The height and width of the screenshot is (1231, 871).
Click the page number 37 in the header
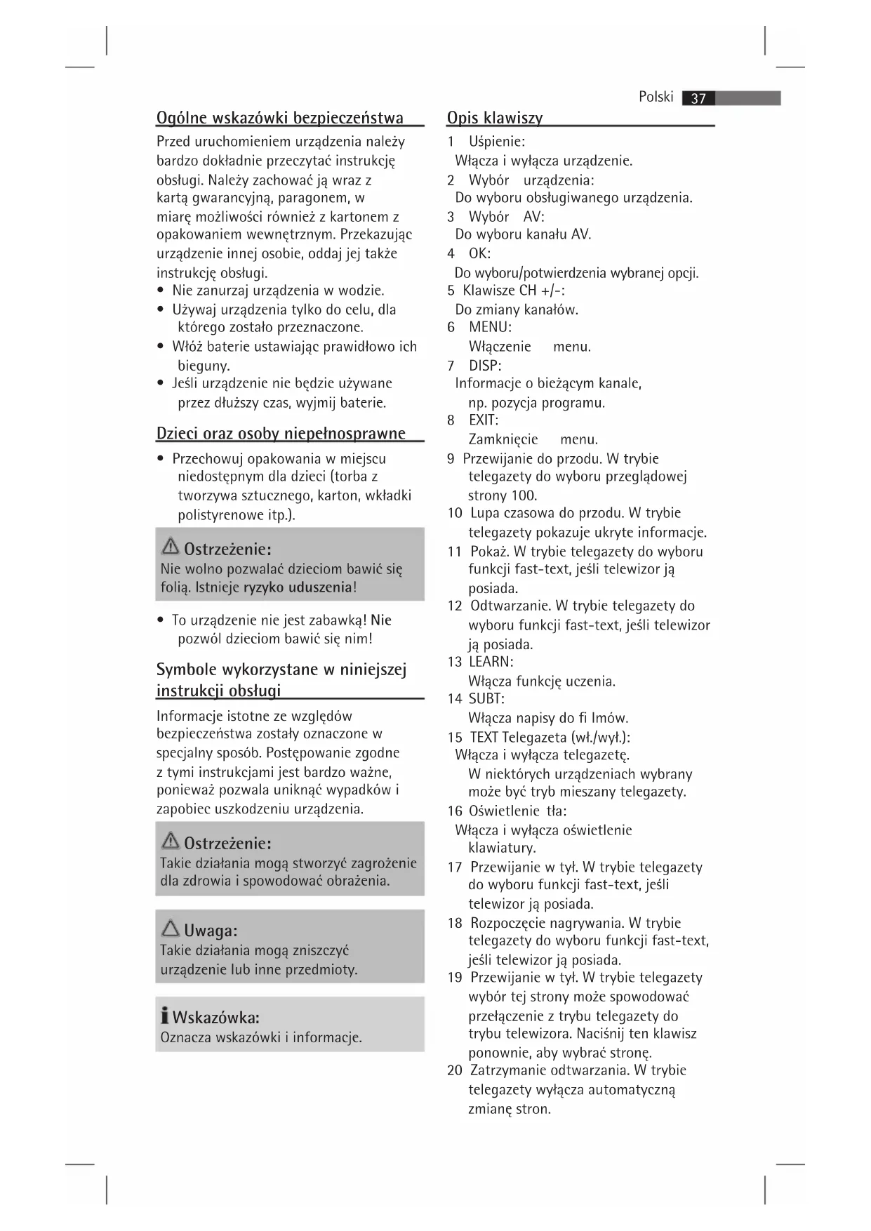click(x=698, y=98)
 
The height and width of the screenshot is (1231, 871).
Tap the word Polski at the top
click(x=656, y=97)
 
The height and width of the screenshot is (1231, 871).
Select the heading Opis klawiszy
click(x=495, y=118)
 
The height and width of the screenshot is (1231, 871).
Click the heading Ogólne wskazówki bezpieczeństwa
click(x=279, y=117)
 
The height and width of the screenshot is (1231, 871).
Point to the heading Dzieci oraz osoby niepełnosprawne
click(x=281, y=433)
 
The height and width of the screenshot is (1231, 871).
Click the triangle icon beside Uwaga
click(x=170, y=929)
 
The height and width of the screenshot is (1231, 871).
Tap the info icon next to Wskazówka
click(x=164, y=1016)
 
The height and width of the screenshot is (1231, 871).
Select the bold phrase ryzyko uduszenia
click(x=297, y=587)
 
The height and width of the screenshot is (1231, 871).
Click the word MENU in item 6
click(x=490, y=327)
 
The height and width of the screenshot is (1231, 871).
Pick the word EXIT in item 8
click(x=484, y=420)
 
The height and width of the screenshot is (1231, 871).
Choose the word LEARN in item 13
click(x=491, y=662)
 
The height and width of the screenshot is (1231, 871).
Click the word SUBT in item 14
click(x=486, y=699)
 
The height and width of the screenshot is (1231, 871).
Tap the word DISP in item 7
click(x=485, y=366)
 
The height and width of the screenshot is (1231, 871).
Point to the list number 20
click(x=455, y=1071)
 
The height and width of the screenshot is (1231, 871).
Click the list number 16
click(x=455, y=811)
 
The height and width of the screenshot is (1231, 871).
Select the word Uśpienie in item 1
click(x=496, y=142)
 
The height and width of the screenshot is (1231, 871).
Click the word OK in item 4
click(x=479, y=253)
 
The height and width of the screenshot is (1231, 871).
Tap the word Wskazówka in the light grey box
click(x=216, y=1018)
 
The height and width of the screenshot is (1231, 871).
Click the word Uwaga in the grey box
click(x=210, y=931)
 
